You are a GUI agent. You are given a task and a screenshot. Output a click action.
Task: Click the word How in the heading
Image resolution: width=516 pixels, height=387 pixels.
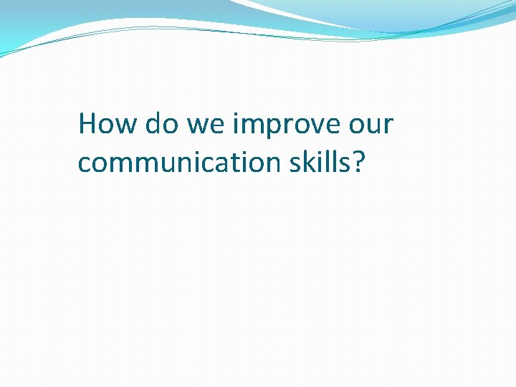(107, 124)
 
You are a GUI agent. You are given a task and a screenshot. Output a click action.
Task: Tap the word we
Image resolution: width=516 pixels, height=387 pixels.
(204, 124)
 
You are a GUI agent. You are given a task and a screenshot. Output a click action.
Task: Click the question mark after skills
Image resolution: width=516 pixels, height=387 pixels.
(358, 162)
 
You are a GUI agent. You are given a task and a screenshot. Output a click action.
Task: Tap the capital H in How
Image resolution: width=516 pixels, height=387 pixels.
(88, 124)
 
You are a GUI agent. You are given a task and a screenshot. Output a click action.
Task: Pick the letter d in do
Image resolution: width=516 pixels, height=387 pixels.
(153, 124)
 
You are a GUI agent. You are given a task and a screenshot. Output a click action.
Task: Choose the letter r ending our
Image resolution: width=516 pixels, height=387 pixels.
(388, 126)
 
